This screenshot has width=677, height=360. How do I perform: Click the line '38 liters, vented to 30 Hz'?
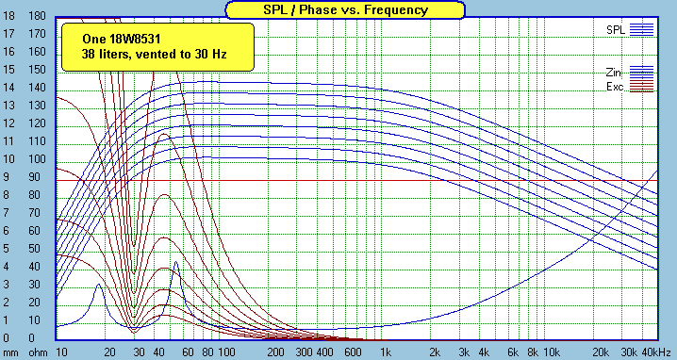click(x=141, y=55)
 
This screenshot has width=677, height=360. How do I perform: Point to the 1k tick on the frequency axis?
click(x=385, y=352)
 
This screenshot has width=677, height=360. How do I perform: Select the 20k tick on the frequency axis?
click(x=600, y=352)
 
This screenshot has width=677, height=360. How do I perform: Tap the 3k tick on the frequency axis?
click(x=463, y=352)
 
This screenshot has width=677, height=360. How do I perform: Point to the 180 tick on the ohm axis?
click(x=37, y=17)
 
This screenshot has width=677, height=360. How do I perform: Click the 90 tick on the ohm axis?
click(x=37, y=177)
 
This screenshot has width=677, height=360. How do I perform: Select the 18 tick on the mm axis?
click(x=9, y=17)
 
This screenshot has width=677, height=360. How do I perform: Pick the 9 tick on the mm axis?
click(x=9, y=177)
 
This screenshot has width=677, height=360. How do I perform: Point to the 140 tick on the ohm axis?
click(x=37, y=88)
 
